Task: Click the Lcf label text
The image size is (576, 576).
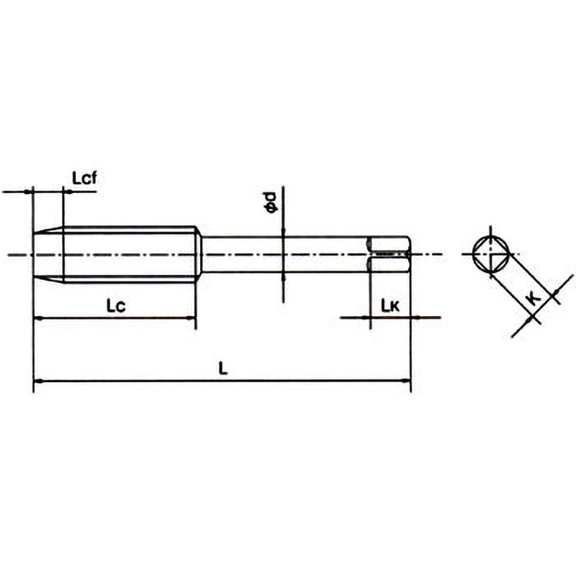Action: [84, 177]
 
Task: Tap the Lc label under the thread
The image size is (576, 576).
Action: [116, 306]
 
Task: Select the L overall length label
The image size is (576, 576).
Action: [223, 369]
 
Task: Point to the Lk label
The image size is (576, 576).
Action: [390, 306]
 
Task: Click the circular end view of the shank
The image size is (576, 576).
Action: [490, 253]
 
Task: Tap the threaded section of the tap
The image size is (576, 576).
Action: [130, 253]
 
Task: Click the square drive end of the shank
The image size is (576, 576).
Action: [390, 253]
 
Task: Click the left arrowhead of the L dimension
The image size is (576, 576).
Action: [37, 380]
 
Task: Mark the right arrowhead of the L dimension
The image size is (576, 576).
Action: [407, 380]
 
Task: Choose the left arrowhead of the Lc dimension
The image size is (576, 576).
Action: [37, 318]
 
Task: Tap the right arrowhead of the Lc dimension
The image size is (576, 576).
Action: [192, 318]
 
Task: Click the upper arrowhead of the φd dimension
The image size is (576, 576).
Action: [283, 233]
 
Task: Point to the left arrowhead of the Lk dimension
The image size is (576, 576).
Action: [366, 317]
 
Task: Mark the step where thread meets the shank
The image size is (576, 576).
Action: [199, 253]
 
